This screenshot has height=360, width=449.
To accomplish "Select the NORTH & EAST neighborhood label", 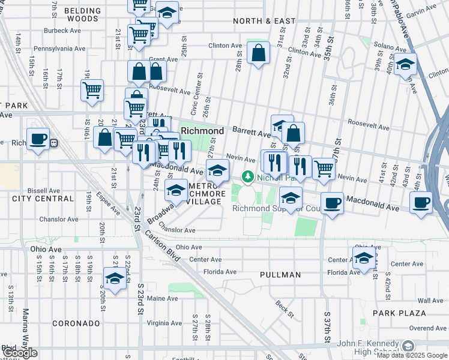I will (x=264, y=21).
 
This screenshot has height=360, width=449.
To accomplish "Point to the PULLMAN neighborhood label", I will (x=280, y=275).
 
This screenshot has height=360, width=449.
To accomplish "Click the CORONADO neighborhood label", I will (x=76, y=323).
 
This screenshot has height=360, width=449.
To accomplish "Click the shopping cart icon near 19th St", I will (x=92, y=91).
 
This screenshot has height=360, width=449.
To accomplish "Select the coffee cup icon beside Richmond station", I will (x=38, y=139).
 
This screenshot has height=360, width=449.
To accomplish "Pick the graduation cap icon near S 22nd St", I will (x=114, y=278).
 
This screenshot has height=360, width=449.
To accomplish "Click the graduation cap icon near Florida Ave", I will (x=363, y=258).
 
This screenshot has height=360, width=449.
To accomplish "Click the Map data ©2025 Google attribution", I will (x=412, y=355).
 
